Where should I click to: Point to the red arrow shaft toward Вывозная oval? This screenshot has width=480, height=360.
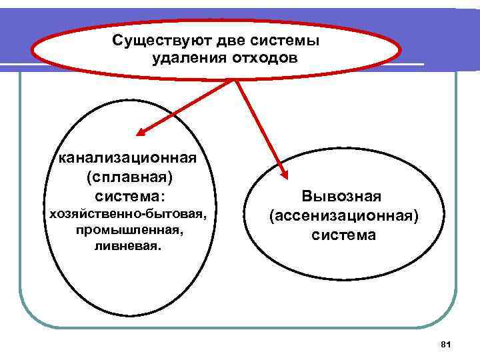click(x=259, y=127)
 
